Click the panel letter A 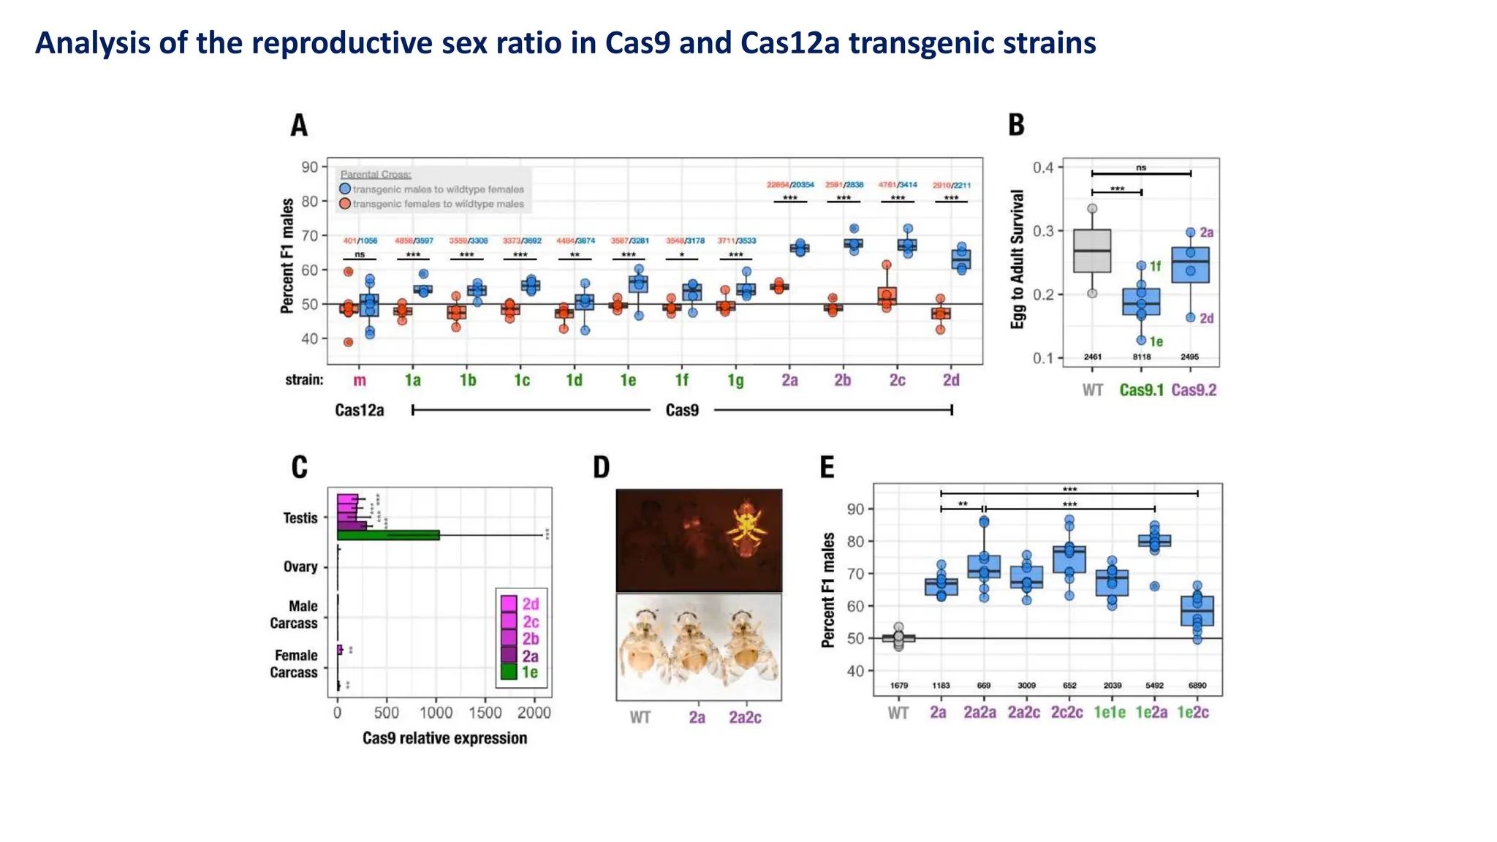tap(299, 125)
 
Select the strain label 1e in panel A tap(627, 380)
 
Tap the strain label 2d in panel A tap(950, 380)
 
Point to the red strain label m tap(360, 380)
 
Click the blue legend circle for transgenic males tap(345, 189)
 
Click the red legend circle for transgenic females tap(345, 203)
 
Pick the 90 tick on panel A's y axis tap(310, 167)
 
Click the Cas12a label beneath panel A tap(359, 410)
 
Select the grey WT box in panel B tap(1092, 251)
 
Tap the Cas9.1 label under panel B tap(1141, 390)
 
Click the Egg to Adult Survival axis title tap(1017, 259)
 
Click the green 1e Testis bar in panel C tap(388, 535)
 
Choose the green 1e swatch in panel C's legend tap(509, 672)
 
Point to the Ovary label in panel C tap(300, 566)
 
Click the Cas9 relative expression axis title tap(444, 738)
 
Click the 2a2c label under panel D tap(745, 718)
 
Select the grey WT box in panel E tap(898, 638)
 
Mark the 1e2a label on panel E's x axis tap(1151, 712)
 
